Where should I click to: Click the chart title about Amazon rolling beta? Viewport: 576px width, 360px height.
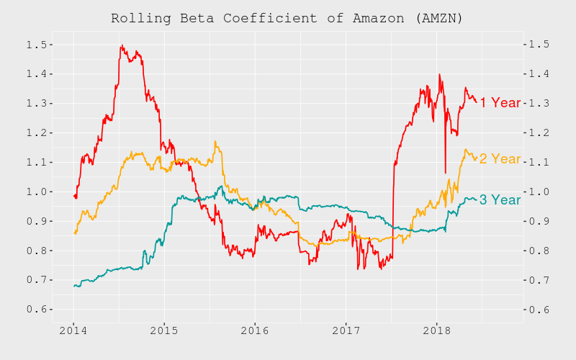(287, 18)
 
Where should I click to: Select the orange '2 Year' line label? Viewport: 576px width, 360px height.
(500, 159)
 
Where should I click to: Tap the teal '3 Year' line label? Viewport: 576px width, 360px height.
(500, 200)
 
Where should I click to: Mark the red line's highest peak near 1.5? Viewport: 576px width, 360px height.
(122, 45)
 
